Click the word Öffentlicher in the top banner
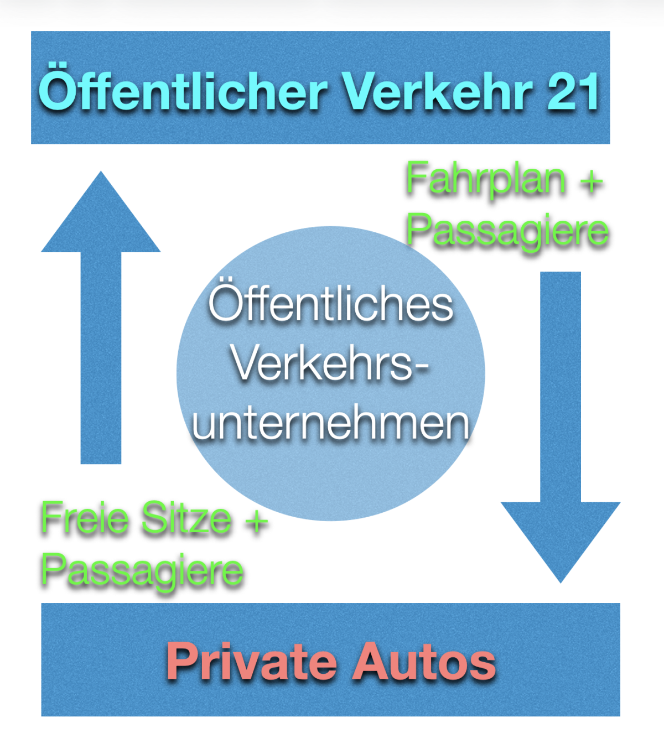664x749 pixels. [184, 87]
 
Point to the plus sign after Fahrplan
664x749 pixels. [591, 181]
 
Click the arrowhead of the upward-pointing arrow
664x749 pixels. [101, 211]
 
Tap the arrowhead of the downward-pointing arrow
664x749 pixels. [561, 542]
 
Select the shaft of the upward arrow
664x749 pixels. [101, 358]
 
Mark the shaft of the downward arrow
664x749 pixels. [561, 387]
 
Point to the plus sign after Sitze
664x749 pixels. [256, 521]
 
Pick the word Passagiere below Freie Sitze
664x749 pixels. [142, 571]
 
